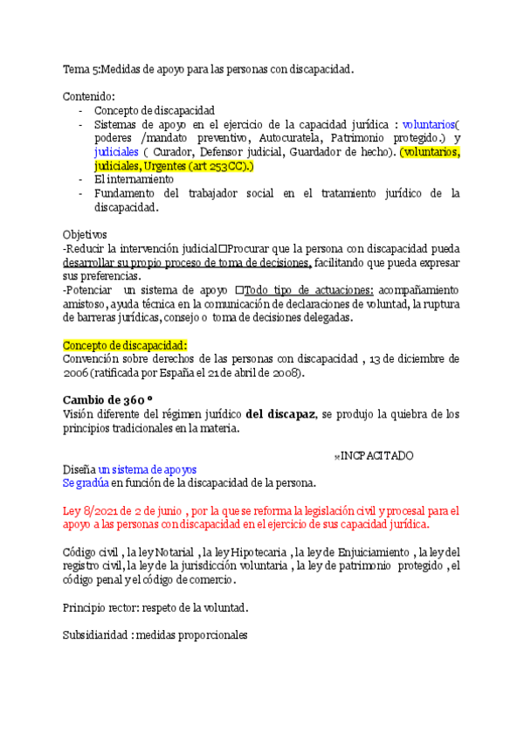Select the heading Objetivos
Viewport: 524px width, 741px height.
tap(86, 235)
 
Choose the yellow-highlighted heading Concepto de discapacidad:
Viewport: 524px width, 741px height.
tap(125, 345)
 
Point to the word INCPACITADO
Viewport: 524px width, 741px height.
tap(376, 456)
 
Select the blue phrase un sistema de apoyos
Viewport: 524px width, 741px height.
tap(148, 469)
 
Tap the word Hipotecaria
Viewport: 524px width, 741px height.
tap(257, 551)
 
